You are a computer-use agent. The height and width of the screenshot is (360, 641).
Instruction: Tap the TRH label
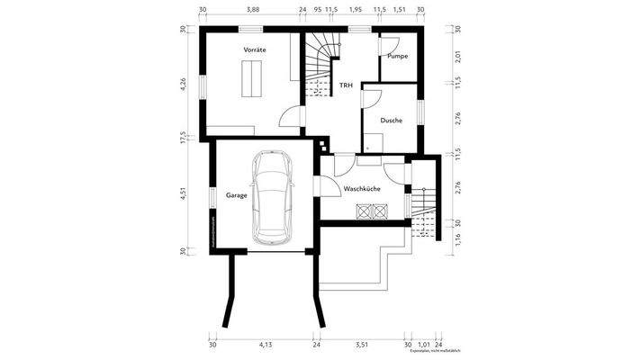point(346,86)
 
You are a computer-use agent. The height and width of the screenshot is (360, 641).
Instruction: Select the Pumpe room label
point(397,56)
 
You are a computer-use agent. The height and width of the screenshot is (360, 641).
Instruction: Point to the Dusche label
point(391,120)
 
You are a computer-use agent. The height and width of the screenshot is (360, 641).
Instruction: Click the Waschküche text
point(362,190)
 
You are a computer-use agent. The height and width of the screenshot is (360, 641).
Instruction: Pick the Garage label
point(237,194)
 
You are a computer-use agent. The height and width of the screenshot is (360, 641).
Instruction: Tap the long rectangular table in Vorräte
point(249,83)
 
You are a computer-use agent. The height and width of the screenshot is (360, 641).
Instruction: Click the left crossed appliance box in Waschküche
point(365,212)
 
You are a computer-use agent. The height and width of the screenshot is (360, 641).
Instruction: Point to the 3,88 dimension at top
point(253,9)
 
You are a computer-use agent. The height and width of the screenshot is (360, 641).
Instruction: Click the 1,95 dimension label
point(356,9)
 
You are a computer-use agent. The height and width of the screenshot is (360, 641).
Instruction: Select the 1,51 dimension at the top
point(400,9)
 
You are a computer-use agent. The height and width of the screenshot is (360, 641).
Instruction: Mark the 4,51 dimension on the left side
point(184,195)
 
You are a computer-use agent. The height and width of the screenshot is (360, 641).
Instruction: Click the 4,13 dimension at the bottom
point(266,345)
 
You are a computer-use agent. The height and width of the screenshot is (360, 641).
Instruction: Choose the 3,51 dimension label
point(362,345)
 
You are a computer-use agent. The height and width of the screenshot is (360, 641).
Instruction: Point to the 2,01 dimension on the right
point(458,57)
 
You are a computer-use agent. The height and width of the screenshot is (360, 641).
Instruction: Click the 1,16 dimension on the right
point(458,239)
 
